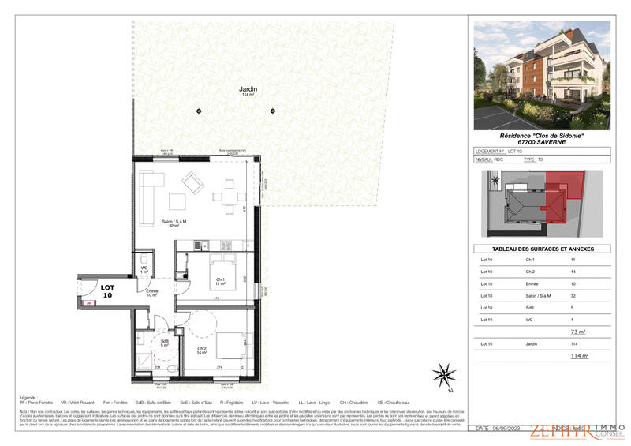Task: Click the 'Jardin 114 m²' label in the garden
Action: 248,91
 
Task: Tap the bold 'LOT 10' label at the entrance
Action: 108,290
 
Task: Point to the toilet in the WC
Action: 143,261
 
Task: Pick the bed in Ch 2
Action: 228,343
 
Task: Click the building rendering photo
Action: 541,75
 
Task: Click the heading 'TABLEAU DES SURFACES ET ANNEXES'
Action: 541,249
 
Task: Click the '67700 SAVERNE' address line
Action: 541,142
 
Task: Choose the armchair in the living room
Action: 194,183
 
